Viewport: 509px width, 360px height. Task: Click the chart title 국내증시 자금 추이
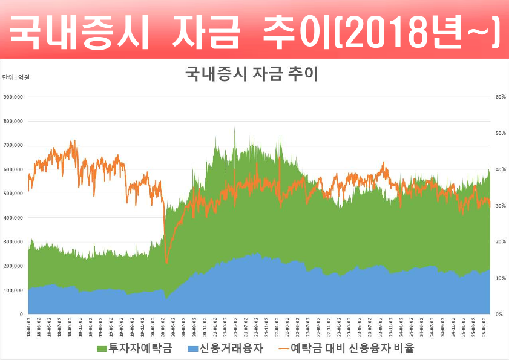tap(251, 74)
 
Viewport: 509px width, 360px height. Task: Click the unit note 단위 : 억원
tap(16, 78)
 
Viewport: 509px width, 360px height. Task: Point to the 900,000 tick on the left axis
tap(13, 97)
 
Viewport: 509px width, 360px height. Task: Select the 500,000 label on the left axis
tap(13, 194)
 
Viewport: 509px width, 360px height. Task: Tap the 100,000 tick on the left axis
tap(13, 290)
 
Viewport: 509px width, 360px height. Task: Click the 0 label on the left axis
tap(21, 315)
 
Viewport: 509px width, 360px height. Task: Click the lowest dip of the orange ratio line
tap(167, 263)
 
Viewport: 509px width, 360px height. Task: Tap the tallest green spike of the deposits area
tap(234, 128)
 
